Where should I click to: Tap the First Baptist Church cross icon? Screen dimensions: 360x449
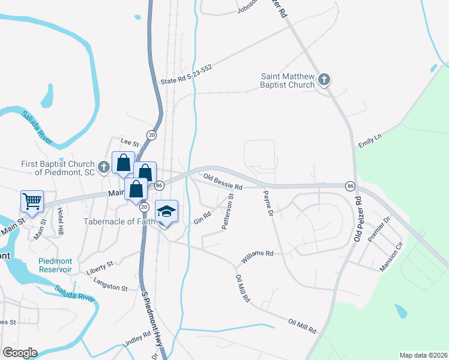pyautogui.click(x=103, y=167)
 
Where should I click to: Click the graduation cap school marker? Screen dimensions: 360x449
pyautogui.click(x=166, y=211)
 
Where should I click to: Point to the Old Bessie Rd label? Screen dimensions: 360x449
pyautogui.click(x=222, y=182)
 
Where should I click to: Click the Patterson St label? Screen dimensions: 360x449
pyautogui.click(x=228, y=211)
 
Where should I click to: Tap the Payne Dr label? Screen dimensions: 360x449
pyautogui.click(x=267, y=203)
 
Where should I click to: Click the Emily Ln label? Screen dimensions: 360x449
pyautogui.click(x=370, y=141)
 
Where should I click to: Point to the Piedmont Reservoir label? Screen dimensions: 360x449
pyautogui.click(x=55, y=265)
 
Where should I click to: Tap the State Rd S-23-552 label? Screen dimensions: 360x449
pyautogui.click(x=186, y=74)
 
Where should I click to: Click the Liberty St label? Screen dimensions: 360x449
pyautogui.click(x=100, y=265)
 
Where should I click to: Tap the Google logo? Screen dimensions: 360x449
pyautogui.click(x=20, y=353)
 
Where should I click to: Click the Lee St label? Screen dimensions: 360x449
pyautogui.click(x=130, y=143)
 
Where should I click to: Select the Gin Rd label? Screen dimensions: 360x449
pyautogui.click(x=202, y=218)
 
